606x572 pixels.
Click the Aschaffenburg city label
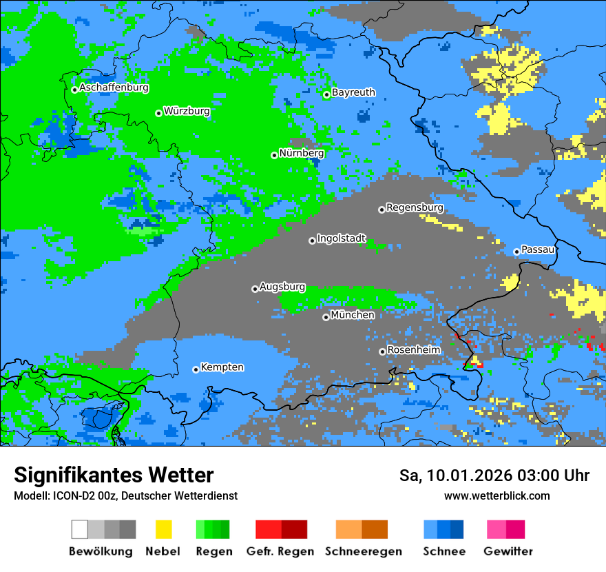click(114, 88)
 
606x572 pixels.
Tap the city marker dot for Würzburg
click(158, 113)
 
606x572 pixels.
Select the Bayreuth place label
click(353, 92)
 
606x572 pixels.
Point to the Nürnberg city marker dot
click(274, 155)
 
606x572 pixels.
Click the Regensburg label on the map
click(415, 207)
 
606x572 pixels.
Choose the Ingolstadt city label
click(341, 238)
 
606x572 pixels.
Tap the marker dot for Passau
click(516, 252)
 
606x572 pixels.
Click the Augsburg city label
click(282, 287)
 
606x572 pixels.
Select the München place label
click(353, 315)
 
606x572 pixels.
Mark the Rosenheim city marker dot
click(382, 351)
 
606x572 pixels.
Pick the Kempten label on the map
click(222, 367)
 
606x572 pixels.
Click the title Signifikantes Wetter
click(114, 475)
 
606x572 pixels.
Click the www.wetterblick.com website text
click(497, 496)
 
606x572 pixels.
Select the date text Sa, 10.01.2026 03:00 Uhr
click(494, 476)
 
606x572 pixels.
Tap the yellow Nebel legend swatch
click(163, 529)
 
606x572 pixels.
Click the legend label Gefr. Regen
click(280, 551)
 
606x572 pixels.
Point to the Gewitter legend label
click(508, 551)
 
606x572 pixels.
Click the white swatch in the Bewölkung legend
click(79, 529)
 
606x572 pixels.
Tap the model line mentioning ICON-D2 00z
click(125, 496)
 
